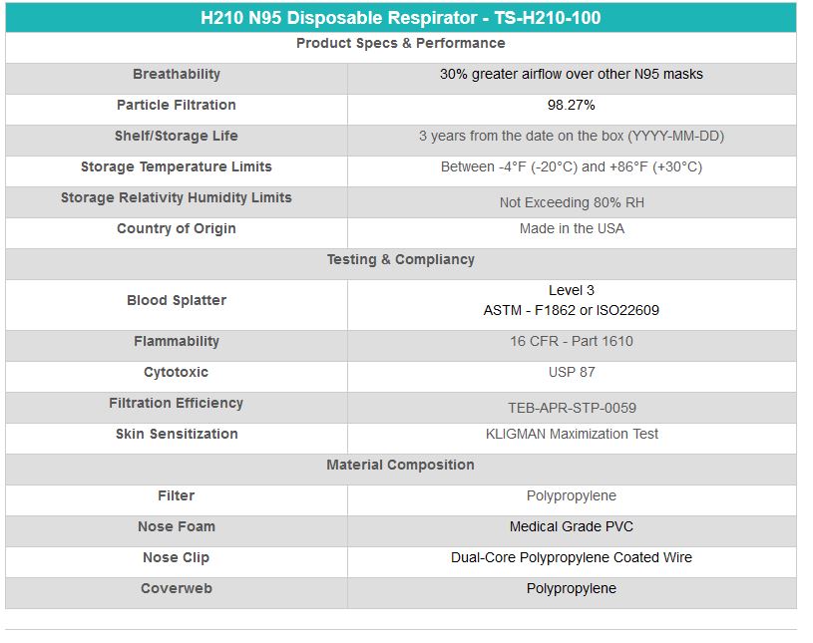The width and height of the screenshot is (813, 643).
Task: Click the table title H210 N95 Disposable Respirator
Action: coord(400,18)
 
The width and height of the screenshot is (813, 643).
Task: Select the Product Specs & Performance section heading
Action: coord(400,44)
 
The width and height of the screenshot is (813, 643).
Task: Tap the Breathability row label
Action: coord(177,75)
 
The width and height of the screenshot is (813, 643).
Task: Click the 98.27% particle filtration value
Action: coord(572,106)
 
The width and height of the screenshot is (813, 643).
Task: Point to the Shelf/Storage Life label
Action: coord(177,137)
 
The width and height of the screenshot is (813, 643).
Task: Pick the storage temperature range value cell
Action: coord(572,167)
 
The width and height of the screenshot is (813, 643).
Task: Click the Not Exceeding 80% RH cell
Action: coord(572,202)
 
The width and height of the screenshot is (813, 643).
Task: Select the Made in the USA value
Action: coord(572,229)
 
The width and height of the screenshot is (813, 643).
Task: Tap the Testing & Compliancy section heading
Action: coord(400,260)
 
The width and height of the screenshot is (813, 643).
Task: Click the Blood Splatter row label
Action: coord(177,301)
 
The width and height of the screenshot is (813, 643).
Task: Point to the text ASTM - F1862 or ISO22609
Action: coord(572,311)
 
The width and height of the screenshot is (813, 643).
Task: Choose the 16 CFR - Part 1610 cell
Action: coord(572,342)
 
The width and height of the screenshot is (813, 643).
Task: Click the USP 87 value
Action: coord(572,373)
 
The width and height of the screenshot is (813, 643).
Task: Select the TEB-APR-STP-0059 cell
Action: coord(572,408)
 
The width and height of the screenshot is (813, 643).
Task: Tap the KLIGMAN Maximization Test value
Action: coord(572,435)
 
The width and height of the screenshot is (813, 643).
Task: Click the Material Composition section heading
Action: coord(400,466)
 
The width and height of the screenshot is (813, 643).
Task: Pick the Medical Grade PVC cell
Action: coord(572,527)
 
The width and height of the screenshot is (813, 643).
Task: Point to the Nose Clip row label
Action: coord(177,558)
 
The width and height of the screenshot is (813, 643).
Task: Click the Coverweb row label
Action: coord(177,589)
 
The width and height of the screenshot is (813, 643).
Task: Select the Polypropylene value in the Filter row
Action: coord(572,496)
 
